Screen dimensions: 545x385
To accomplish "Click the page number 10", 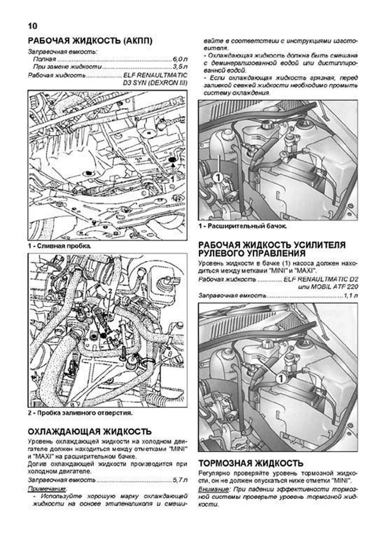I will click(x=33, y=26).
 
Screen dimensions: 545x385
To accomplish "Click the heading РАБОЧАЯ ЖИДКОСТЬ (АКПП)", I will click(x=90, y=41).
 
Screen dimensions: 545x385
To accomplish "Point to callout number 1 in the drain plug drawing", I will click(x=173, y=179).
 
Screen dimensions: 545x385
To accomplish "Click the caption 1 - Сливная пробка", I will click(x=59, y=246).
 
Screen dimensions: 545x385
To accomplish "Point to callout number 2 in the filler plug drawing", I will click(x=110, y=291).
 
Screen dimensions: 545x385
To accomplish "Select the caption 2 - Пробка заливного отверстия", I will click(x=80, y=413).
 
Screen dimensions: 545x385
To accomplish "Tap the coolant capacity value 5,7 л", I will click(x=180, y=480).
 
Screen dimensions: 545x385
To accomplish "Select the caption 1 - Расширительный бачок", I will click(x=243, y=226).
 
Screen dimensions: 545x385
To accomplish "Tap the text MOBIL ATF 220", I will click(x=334, y=287).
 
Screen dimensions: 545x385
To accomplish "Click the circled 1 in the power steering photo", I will click(x=281, y=379).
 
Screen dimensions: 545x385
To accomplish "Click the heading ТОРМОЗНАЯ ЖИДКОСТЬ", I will click(x=251, y=463).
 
